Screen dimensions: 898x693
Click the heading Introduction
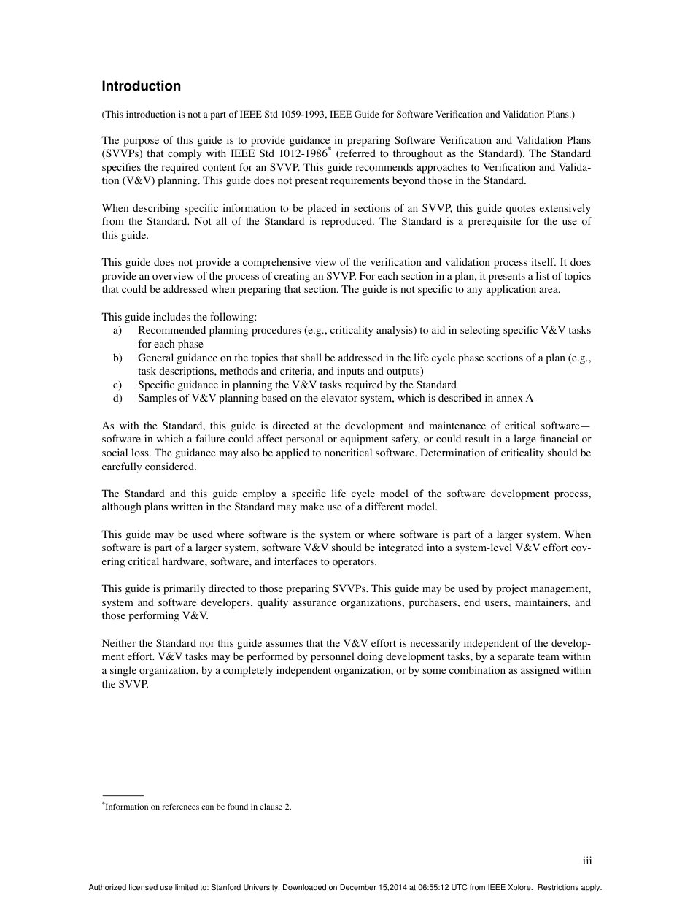click(141, 86)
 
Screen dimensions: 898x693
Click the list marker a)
click(117, 330)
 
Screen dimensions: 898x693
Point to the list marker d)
click(117, 398)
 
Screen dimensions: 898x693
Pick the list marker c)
click(117, 385)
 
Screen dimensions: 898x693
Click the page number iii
click(587, 861)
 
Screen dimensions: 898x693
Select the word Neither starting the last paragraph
click(120, 643)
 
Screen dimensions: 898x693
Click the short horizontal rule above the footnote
click(123, 794)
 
